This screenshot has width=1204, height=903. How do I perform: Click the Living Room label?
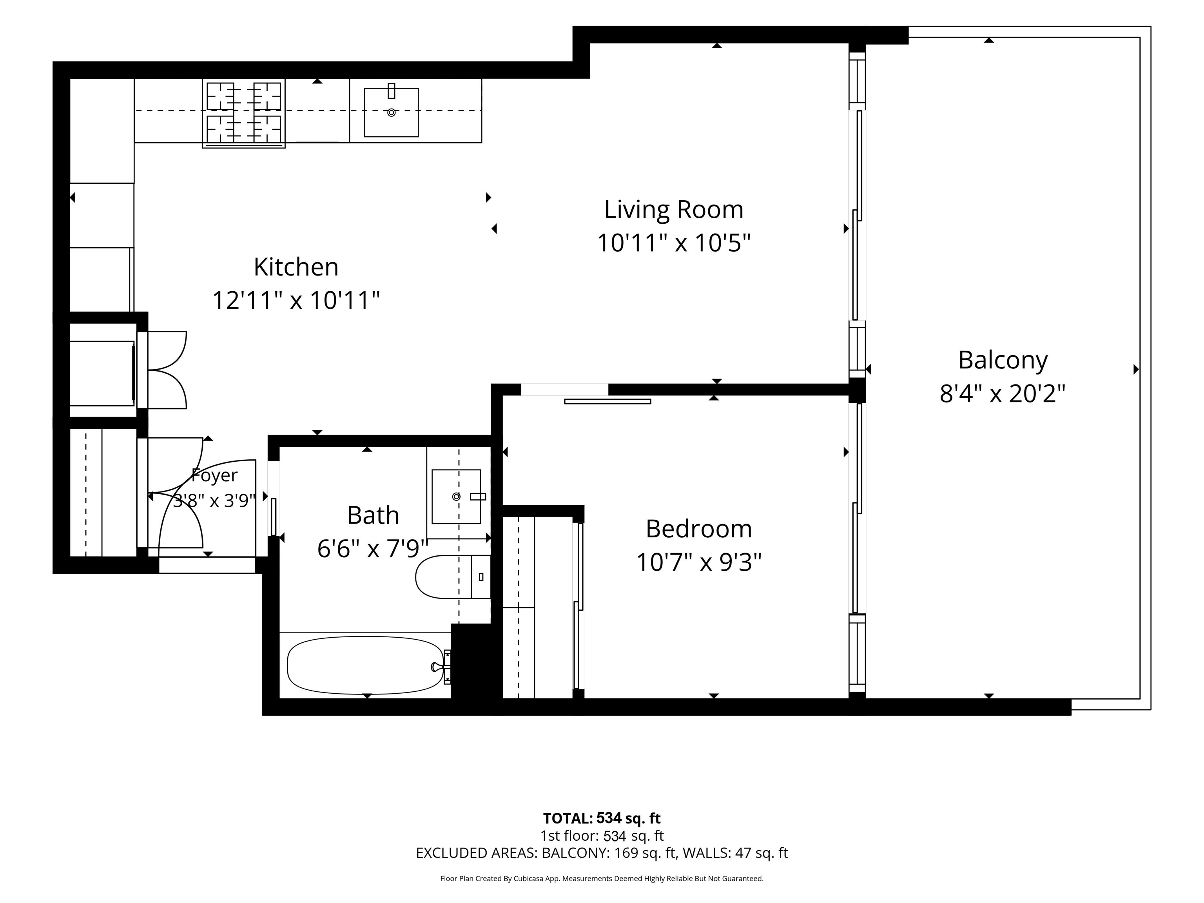pos(673,210)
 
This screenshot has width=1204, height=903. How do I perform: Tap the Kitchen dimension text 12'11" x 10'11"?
pos(296,300)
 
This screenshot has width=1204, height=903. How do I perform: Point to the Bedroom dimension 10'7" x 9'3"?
pos(699,562)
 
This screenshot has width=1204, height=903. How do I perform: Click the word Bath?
pos(374,515)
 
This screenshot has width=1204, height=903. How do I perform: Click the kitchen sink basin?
pos(392,112)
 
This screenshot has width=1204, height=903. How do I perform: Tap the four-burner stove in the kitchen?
pos(244,113)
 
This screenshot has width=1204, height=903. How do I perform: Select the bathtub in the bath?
pos(365,665)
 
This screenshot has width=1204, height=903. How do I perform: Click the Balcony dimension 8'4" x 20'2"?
pos(1003,393)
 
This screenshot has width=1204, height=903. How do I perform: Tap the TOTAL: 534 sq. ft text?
pos(602,818)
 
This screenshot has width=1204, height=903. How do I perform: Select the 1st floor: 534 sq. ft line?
pos(602,836)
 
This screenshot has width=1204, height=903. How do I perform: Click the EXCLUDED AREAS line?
pos(602,853)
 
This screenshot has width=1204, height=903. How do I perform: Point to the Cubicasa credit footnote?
pos(602,879)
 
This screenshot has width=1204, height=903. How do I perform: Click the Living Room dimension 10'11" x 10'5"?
pos(674,243)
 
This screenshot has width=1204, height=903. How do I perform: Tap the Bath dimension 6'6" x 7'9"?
pos(374,549)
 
